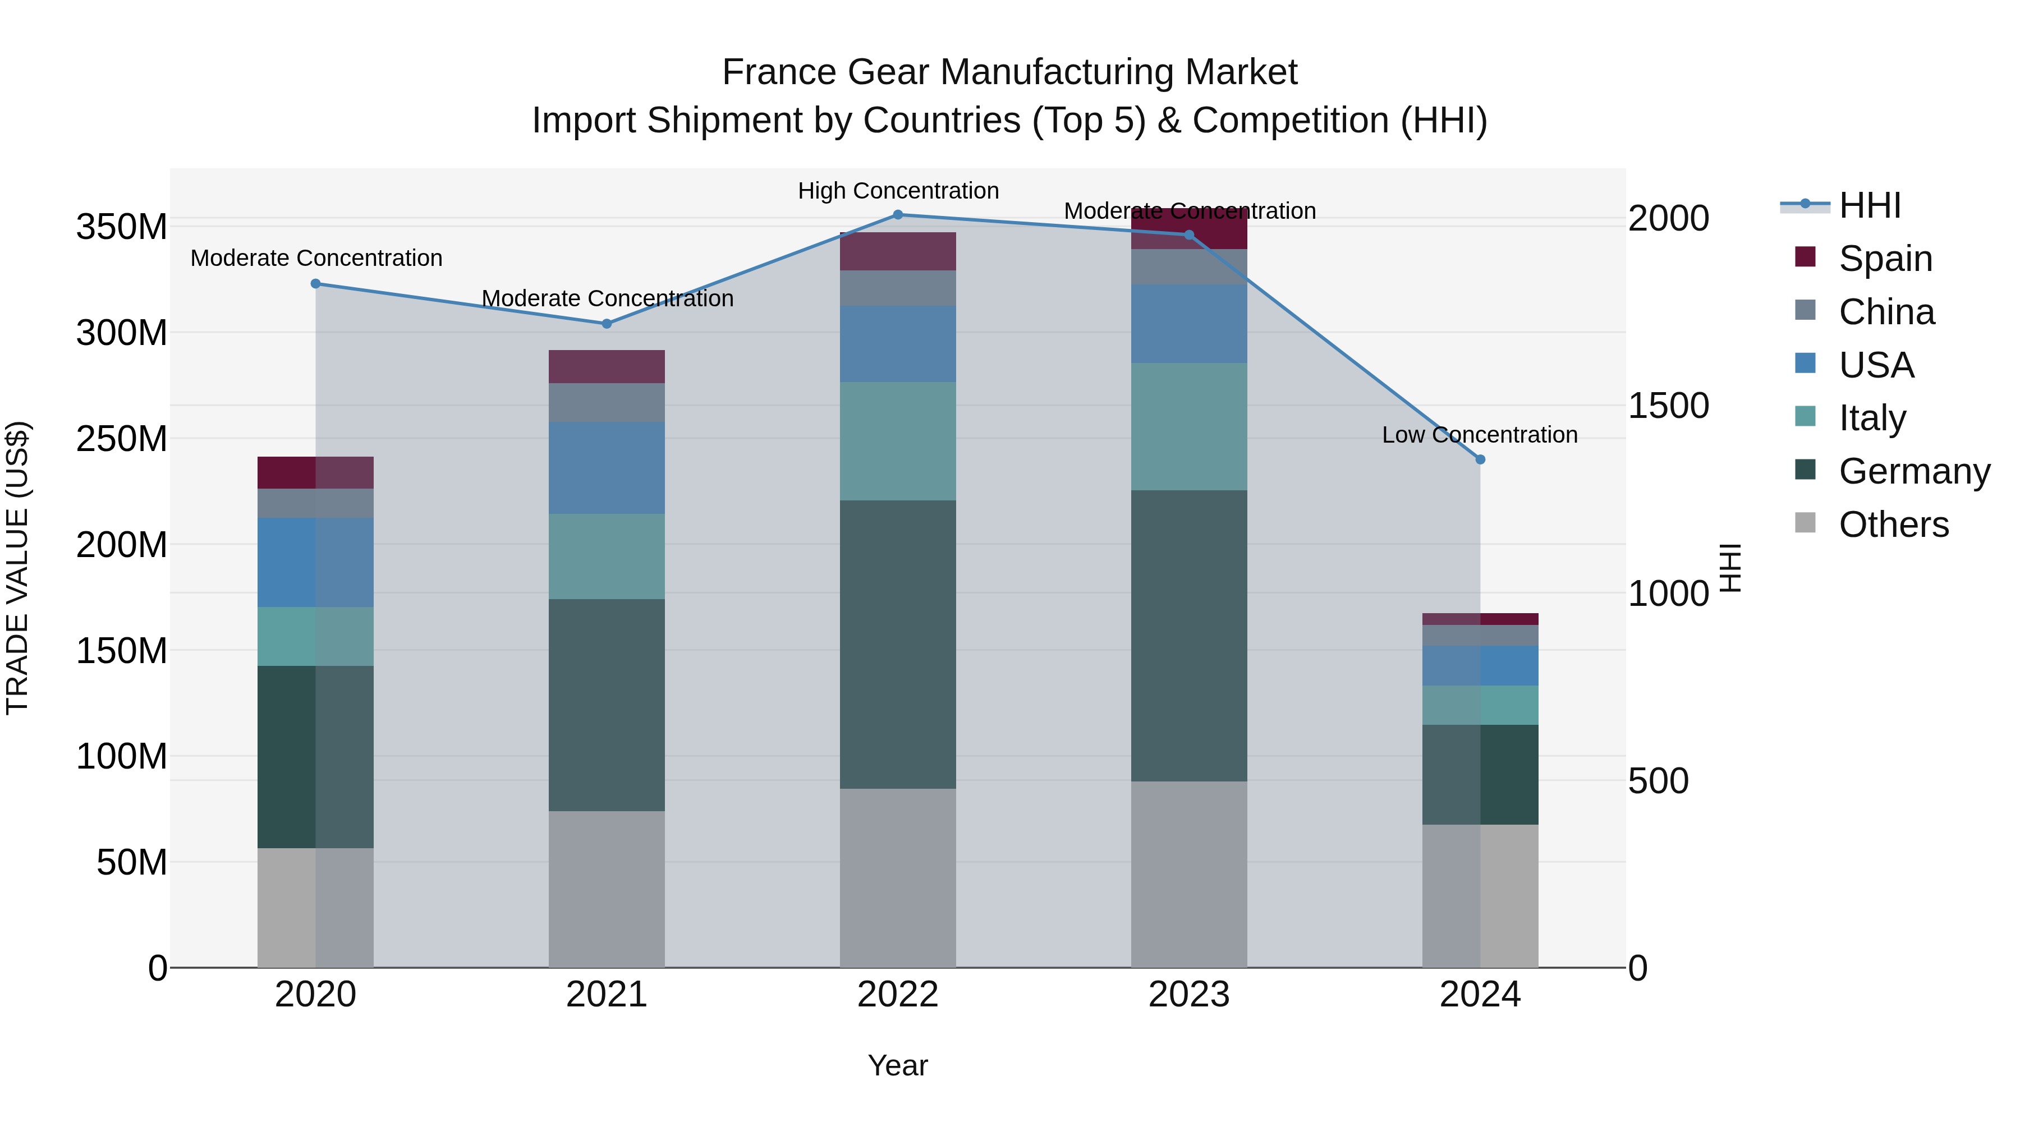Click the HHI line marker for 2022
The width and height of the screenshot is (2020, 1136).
pos(898,215)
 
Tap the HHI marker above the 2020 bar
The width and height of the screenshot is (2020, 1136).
pos(316,284)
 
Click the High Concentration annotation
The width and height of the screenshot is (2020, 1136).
pos(898,191)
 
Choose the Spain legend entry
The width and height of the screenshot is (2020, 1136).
pos(1885,259)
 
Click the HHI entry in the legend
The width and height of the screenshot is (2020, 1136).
pos(1870,205)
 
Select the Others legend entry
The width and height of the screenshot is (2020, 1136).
pos(1893,525)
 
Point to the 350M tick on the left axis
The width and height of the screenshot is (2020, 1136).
pos(122,227)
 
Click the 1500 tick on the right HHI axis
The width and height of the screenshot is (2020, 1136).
pos(1668,406)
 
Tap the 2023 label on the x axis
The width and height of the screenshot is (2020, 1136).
pos(1189,995)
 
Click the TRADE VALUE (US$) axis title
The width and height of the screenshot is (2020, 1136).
pos(17,568)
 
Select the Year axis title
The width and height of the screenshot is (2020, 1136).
pos(898,1065)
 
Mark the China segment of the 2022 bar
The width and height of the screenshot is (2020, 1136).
pos(898,288)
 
